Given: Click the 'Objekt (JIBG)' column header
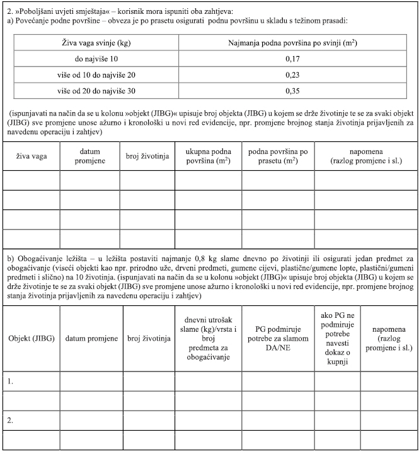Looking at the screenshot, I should pos(31,339).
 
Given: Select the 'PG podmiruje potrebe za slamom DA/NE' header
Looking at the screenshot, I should pos(277,339).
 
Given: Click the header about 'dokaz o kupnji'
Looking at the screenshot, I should pos(336,339).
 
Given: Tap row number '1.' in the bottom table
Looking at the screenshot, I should pos(9,382).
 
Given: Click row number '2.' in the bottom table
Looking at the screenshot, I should pos(9,419).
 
